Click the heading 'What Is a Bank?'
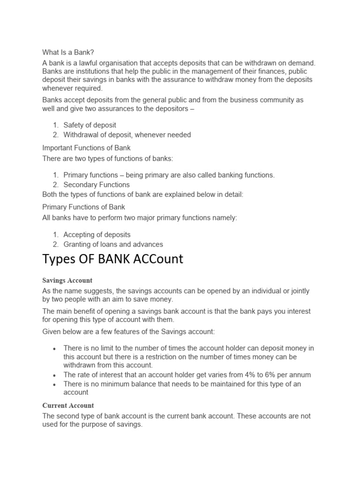(x=71, y=52)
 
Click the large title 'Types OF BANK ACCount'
(x=113, y=259)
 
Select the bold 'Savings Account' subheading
(x=67, y=281)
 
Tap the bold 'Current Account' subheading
(x=68, y=405)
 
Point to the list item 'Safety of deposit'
(x=90, y=125)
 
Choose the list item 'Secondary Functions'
(x=97, y=185)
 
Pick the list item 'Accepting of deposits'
(x=97, y=234)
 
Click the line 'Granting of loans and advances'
(x=113, y=244)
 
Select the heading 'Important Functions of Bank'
(x=86, y=148)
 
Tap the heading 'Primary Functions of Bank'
(x=84, y=207)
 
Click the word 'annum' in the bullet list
(x=301, y=375)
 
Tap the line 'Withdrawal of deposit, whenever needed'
(x=127, y=135)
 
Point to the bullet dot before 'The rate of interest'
(x=55, y=375)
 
